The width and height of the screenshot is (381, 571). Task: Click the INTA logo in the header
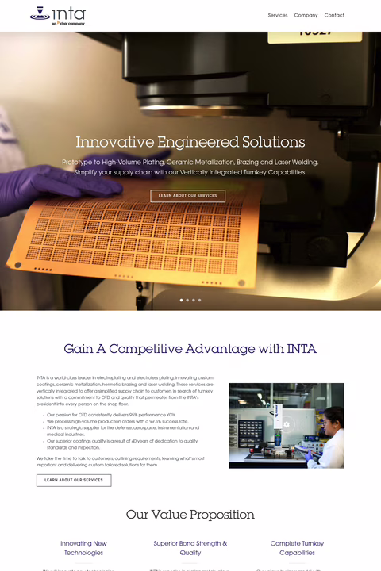(x=57, y=15)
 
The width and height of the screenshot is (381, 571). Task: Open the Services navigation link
(x=278, y=15)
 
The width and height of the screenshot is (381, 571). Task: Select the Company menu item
(x=306, y=15)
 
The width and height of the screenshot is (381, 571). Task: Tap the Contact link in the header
(x=334, y=15)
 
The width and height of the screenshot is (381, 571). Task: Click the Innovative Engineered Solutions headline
(x=190, y=143)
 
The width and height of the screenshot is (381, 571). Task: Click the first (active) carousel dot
(x=181, y=301)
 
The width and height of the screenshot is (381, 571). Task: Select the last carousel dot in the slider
(x=199, y=301)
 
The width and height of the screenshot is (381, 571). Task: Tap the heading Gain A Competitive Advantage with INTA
(x=190, y=349)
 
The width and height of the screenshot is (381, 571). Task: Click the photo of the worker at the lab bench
(x=286, y=426)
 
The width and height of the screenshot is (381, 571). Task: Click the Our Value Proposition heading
(x=190, y=515)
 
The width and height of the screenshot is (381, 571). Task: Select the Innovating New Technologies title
(x=84, y=548)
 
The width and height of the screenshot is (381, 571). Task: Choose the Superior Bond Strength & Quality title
(x=190, y=548)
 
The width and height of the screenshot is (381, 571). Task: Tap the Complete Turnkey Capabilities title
(x=297, y=548)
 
